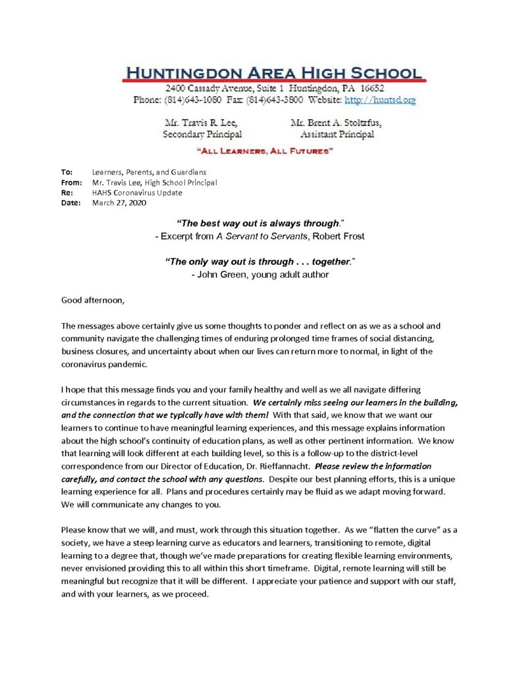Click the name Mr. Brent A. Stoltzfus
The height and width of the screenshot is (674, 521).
pos(336,123)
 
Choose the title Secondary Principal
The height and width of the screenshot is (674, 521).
pos(202,134)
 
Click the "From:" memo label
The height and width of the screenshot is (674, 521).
pos(72,182)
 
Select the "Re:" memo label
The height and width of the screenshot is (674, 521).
pos(67,193)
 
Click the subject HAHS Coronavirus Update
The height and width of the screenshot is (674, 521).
pos(137,193)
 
